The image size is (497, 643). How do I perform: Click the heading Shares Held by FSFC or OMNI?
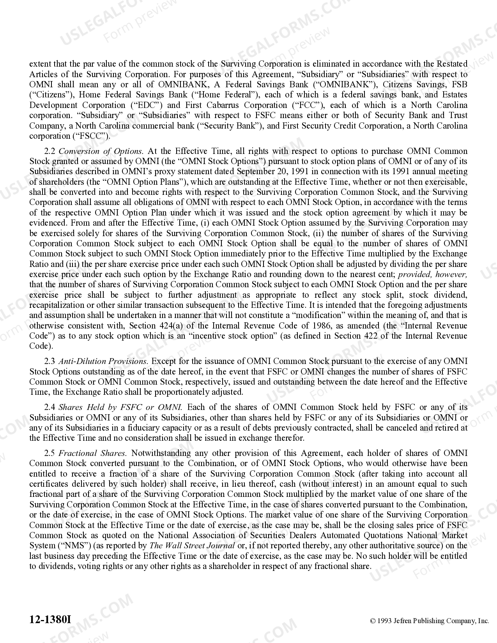(x=120, y=407)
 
